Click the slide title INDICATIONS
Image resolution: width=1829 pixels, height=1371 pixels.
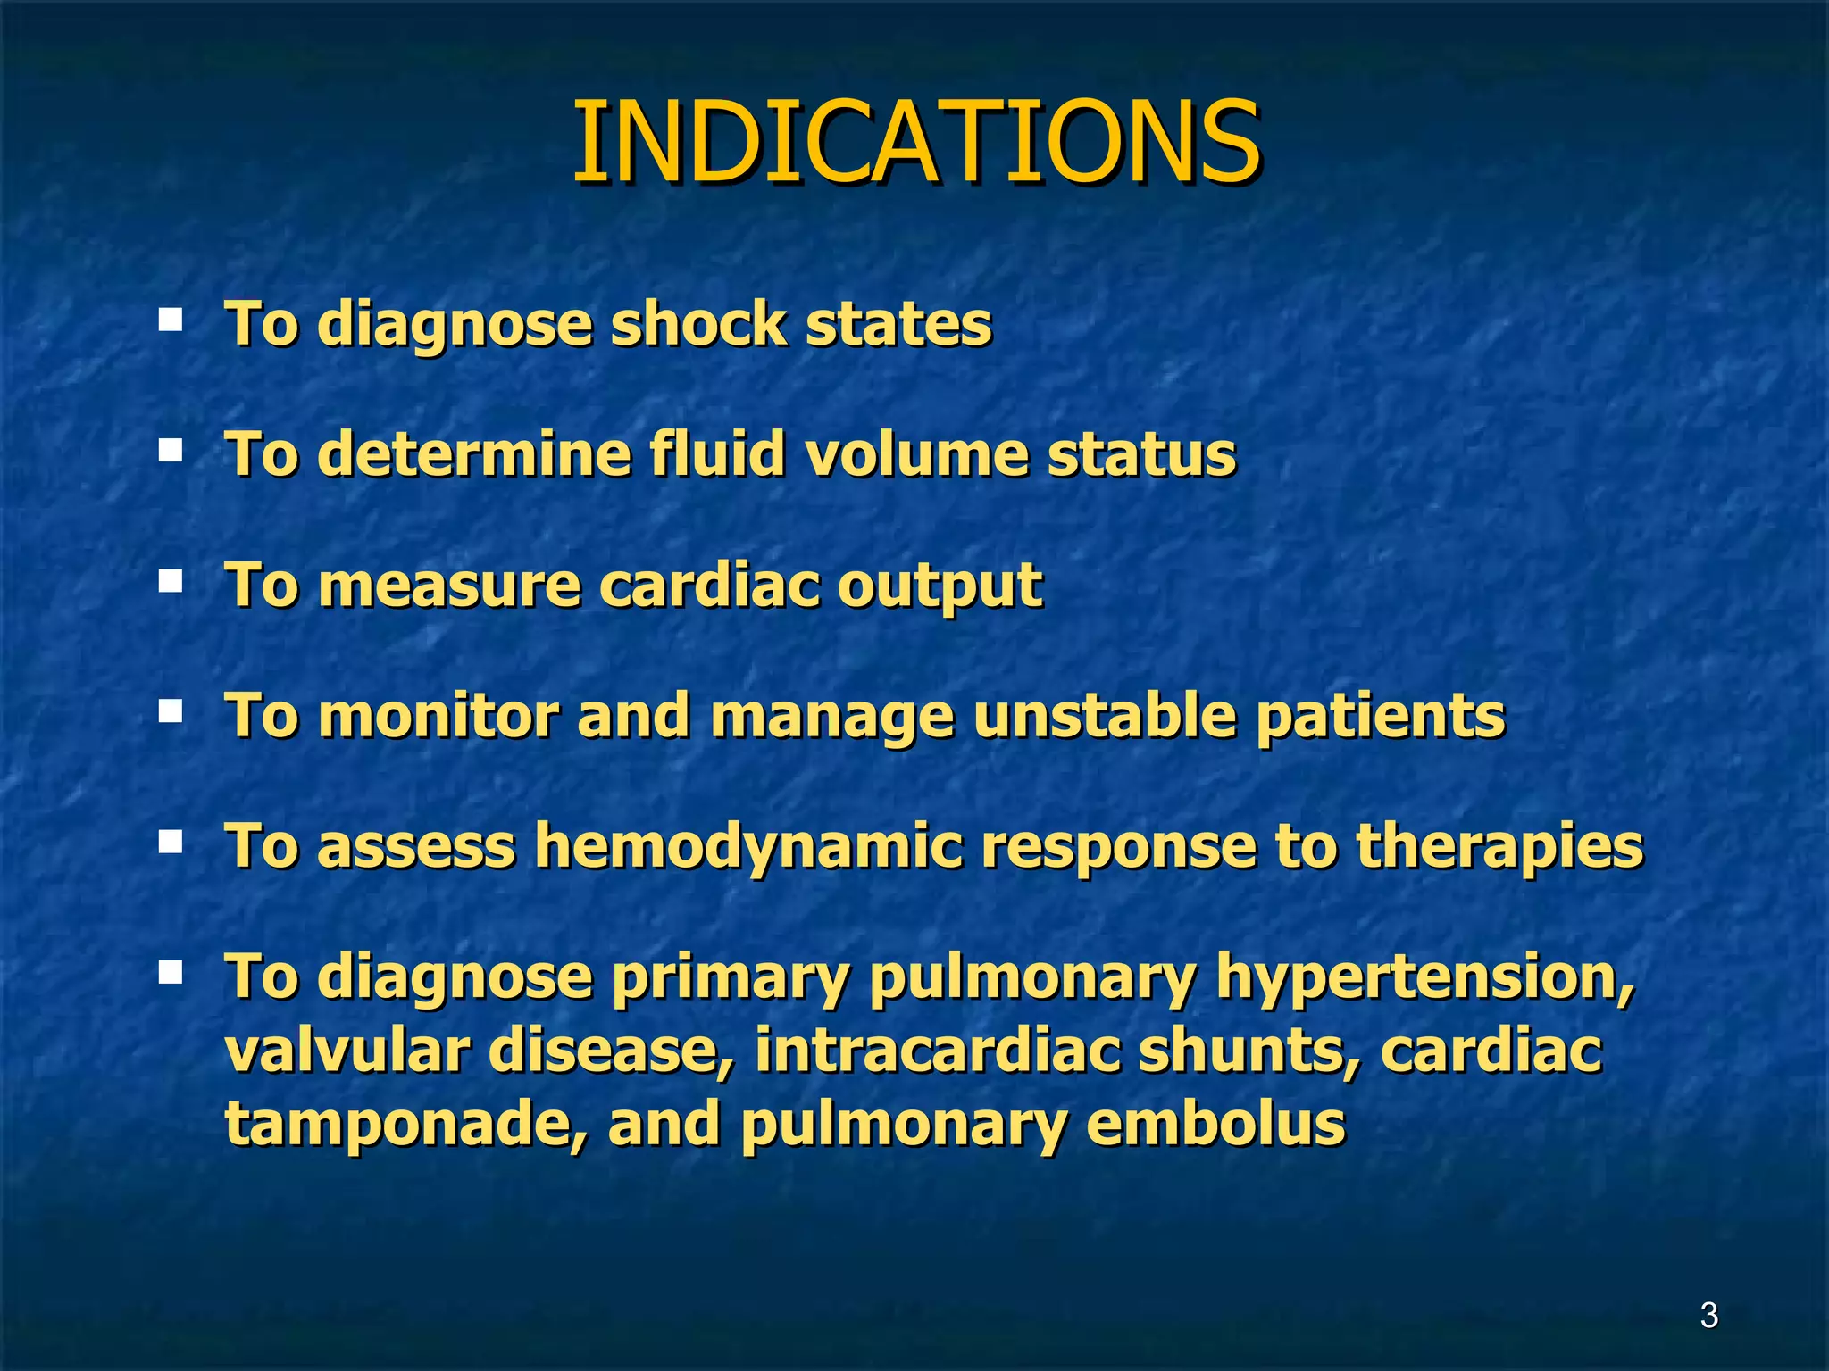click(915, 143)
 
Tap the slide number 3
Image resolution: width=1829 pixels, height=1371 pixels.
click(1708, 1316)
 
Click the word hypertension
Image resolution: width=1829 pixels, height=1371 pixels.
click(1425, 978)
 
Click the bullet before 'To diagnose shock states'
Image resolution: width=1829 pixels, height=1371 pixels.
click(170, 320)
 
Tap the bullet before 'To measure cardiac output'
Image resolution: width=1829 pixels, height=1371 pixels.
click(170, 582)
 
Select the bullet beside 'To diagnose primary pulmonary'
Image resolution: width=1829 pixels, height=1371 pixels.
click(170, 972)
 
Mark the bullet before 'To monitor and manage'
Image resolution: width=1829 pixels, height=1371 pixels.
click(170, 712)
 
